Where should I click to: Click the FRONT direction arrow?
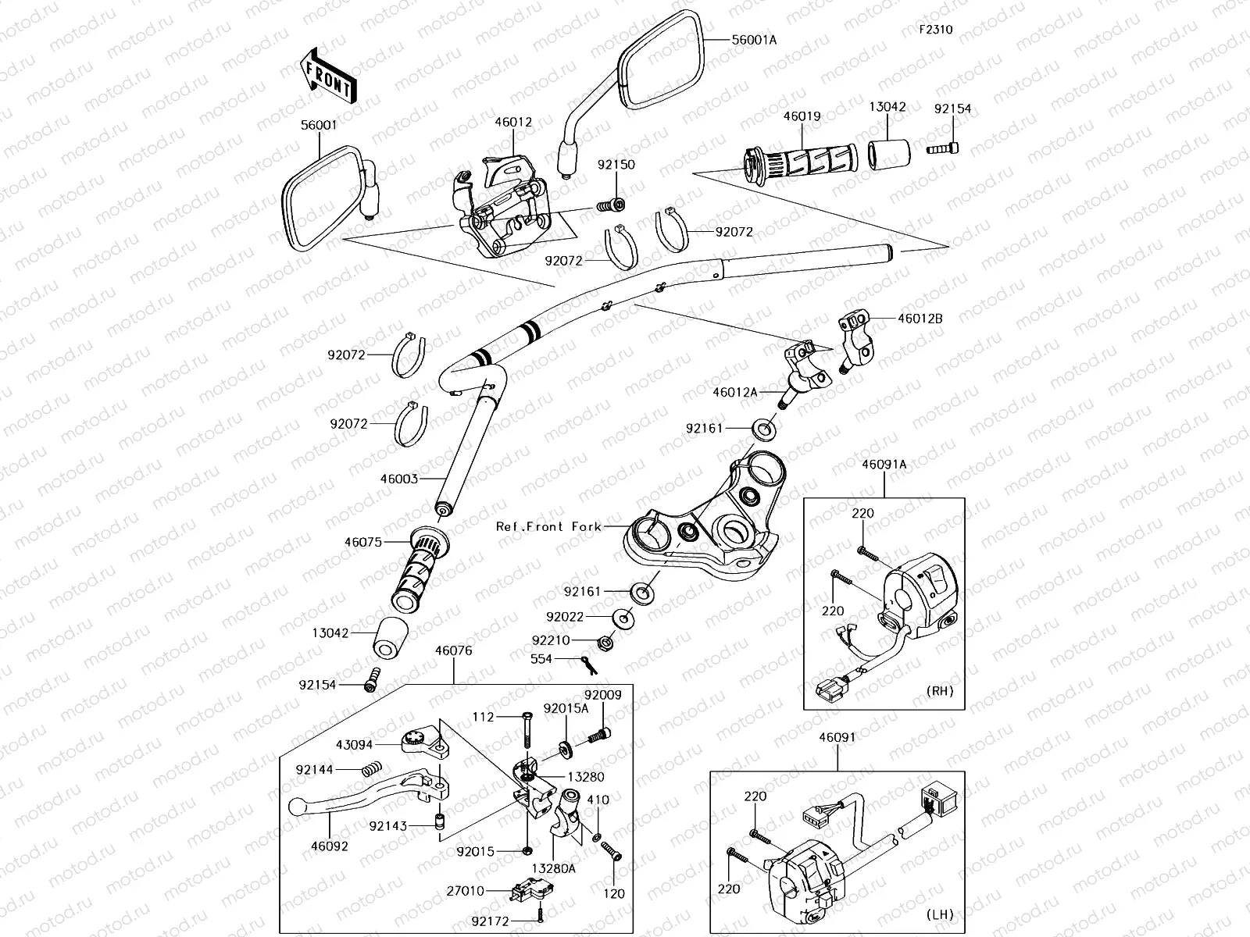327,75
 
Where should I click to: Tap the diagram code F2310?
935,30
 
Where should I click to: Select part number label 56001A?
754,39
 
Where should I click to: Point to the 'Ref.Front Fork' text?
548,527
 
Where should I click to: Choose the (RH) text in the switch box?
939,691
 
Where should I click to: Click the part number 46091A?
884,464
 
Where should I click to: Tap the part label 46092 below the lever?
329,846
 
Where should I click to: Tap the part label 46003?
399,479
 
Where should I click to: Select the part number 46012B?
920,319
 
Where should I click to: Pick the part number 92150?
616,165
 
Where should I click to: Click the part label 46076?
453,650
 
